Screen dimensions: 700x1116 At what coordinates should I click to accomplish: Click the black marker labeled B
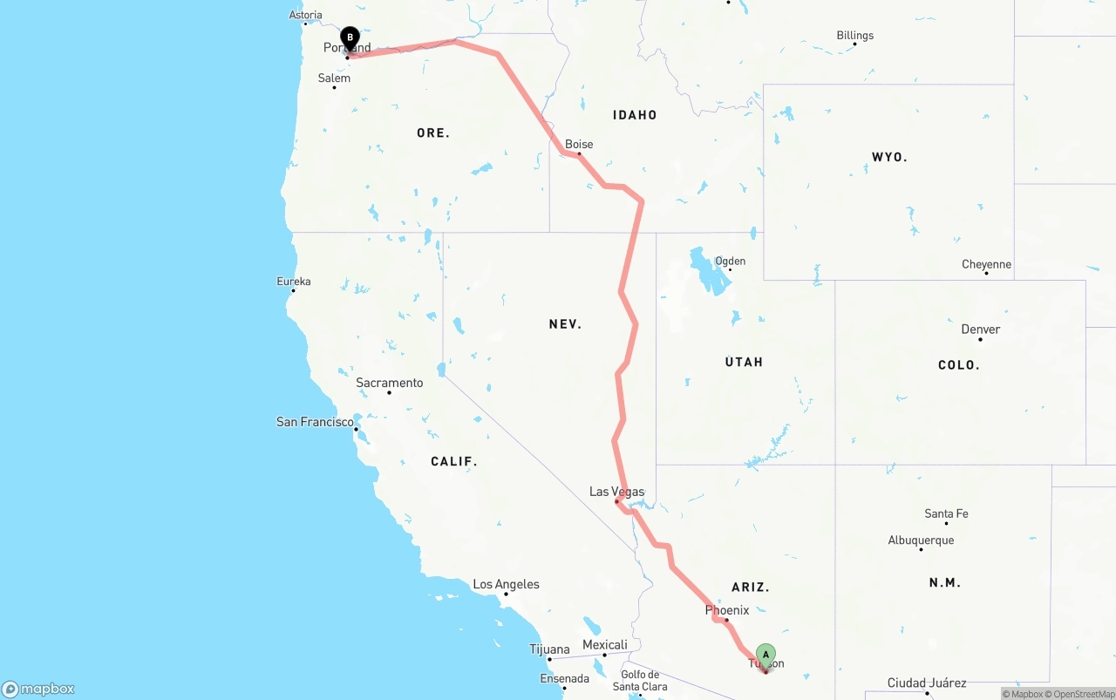click(x=350, y=38)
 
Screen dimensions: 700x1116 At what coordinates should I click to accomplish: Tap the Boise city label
click(x=579, y=145)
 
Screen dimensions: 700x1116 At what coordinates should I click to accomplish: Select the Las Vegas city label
click(x=616, y=492)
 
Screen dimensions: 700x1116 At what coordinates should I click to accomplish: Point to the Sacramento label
click(x=389, y=383)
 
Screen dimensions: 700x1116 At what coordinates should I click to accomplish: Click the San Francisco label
click(x=315, y=422)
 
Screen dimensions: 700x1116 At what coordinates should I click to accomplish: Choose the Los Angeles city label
click(x=506, y=584)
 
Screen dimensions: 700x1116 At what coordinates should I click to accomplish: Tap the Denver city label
click(x=980, y=330)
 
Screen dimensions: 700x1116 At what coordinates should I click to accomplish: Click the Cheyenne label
click(x=986, y=264)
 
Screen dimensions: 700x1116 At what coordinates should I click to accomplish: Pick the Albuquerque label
click(x=921, y=540)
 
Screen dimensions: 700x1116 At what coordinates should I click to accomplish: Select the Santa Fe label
click(x=946, y=513)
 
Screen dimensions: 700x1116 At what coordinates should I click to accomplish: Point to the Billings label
click(x=854, y=36)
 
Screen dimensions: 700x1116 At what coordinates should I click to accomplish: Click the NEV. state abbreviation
click(x=565, y=324)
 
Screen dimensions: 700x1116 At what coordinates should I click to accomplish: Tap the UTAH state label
click(x=744, y=362)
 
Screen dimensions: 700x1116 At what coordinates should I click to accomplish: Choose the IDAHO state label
click(x=635, y=115)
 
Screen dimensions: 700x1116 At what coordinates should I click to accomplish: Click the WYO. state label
click(x=889, y=158)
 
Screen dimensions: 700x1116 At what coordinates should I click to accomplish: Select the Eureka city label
click(x=294, y=282)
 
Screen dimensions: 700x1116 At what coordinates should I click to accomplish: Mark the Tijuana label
click(x=549, y=649)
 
